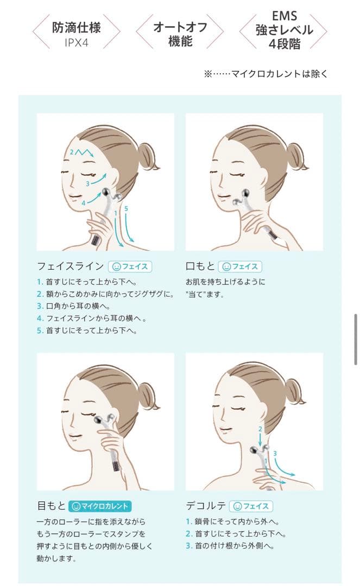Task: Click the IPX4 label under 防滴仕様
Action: pos(76,43)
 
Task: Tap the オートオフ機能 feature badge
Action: pos(180,32)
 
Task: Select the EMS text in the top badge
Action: pos(284,16)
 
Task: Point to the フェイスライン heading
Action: pos(70,266)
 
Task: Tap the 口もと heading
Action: pos(200,266)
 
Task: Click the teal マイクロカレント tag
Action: pos(100,506)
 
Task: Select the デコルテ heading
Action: pos(206,506)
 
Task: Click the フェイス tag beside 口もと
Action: pos(240,266)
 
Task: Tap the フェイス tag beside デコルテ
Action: pos(251,506)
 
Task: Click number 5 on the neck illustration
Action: pos(126,208)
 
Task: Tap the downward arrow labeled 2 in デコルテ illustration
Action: pos(261,439)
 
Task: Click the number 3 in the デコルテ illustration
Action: pos(275,454)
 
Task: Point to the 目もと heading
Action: pos(51,506)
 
